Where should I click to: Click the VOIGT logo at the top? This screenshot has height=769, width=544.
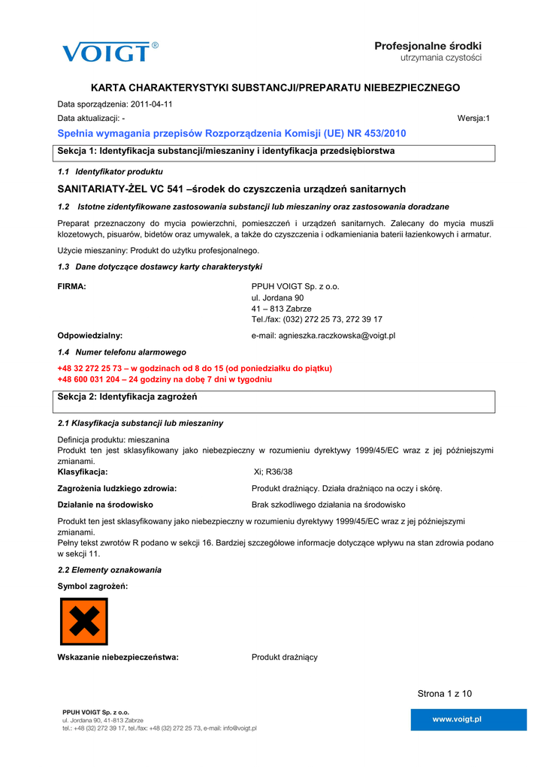(x=110, y=52)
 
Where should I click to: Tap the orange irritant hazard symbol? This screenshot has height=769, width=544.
(x=83, y=621)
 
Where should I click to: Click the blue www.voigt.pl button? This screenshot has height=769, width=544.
(x=457, y=719)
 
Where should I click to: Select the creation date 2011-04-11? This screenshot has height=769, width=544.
(x=152, y=104)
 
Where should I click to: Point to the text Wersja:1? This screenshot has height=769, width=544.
(x=473, y=119)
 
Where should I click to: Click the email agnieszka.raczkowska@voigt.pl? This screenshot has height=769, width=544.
(x=323, y=336)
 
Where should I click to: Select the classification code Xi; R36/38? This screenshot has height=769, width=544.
(x=274, y=472)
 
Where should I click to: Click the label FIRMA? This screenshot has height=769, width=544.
(x=72, y=286)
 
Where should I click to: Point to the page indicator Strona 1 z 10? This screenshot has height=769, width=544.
(x=445, y=693)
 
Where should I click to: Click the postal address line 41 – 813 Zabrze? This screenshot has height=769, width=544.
(x=281, y=309)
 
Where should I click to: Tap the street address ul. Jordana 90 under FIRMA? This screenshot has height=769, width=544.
(x=277, y=297)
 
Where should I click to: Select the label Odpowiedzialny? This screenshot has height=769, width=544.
(x=90, y=336)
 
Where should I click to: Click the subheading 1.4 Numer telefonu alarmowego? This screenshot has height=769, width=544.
(x=122, y=352)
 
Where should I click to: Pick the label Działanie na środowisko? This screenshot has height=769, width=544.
(x=105, y=505)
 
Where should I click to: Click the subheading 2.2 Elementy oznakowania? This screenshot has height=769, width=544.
(x=109, y=570)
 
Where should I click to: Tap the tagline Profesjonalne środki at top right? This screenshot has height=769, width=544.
(x=428, y=47)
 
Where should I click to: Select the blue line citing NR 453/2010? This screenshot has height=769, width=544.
(x=231, y=133)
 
